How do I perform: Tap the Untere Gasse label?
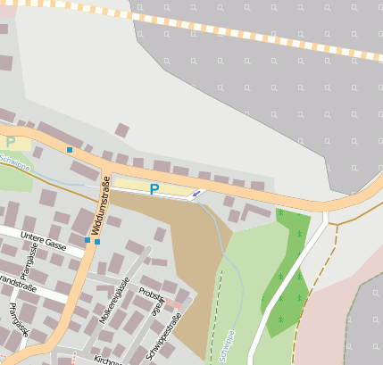45,242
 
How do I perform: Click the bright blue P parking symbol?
154,189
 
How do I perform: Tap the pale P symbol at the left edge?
11,142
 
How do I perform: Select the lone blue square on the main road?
69,150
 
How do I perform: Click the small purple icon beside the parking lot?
196,193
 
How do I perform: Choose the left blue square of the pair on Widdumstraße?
87,241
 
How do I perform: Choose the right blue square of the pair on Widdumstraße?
97,241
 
